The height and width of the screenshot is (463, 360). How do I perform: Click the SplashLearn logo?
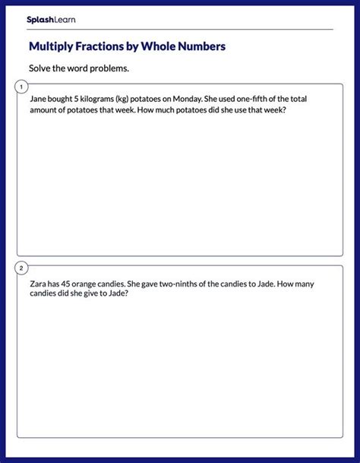(x=51, y=19)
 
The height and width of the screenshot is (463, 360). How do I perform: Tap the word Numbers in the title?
(x=201, y=47)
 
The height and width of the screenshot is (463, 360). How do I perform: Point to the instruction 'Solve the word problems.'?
(x=79, y=68)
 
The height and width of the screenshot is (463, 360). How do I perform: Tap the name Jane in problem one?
(x=39, y=99)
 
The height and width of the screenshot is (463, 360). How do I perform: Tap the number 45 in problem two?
(x=71, y=284)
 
